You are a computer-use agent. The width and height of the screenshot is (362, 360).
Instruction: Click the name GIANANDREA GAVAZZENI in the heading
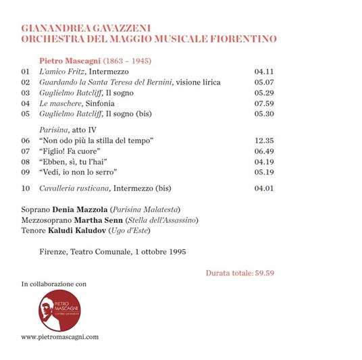coord(86,28)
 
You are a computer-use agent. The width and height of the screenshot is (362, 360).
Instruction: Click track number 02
coord(26,82)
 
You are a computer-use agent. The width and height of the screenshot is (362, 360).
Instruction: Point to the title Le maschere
coord(61,103)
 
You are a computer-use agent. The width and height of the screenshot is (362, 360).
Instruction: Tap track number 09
coord(26,172)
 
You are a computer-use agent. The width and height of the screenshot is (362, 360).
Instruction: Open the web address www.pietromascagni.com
coord(60,336)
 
